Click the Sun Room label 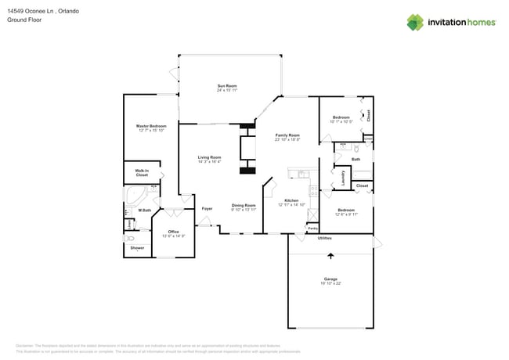tap(227, 85)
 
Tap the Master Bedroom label tap(152, 125)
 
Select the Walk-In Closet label tap(142, 172)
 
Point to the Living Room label tap(209, 157)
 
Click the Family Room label tap(287, 135)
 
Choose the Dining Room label tap(244, 205)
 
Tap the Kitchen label tap(291, 200)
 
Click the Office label tap(173, 232)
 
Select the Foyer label tap(208, 209)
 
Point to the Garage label tap(330, 279)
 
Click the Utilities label tap(324, 238)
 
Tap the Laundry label tap(342, 178)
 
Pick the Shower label tap(137, 248)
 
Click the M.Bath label tap(145, 210)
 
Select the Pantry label tap(312, 229)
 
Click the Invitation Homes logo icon tap(415, 22)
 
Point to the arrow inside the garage tap(330, 255)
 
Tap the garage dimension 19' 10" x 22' tap(330, 283)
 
